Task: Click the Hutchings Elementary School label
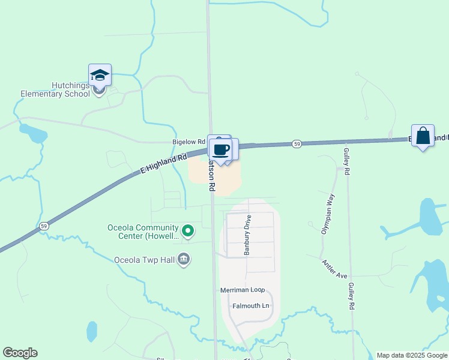[55, 89]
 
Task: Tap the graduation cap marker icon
[100, 76]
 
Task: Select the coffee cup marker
[221, 149]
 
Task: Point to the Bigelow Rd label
[188, 142]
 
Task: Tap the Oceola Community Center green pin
[188, 230]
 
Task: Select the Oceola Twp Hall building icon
[184, 259]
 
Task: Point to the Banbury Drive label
[247, 235]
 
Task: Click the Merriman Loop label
[242, 290]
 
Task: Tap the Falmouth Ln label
[251, 306]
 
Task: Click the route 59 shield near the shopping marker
[297, 144]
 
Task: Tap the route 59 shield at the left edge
[44, 226]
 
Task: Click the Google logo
[20, 353]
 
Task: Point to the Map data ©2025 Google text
[412, 355]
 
